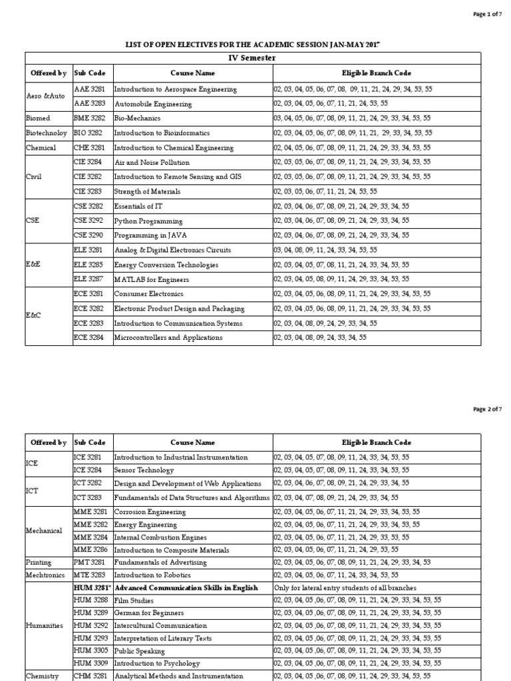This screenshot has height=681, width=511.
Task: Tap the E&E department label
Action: tap(35, 265)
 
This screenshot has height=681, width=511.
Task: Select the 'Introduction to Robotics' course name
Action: tap(152, 575)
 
